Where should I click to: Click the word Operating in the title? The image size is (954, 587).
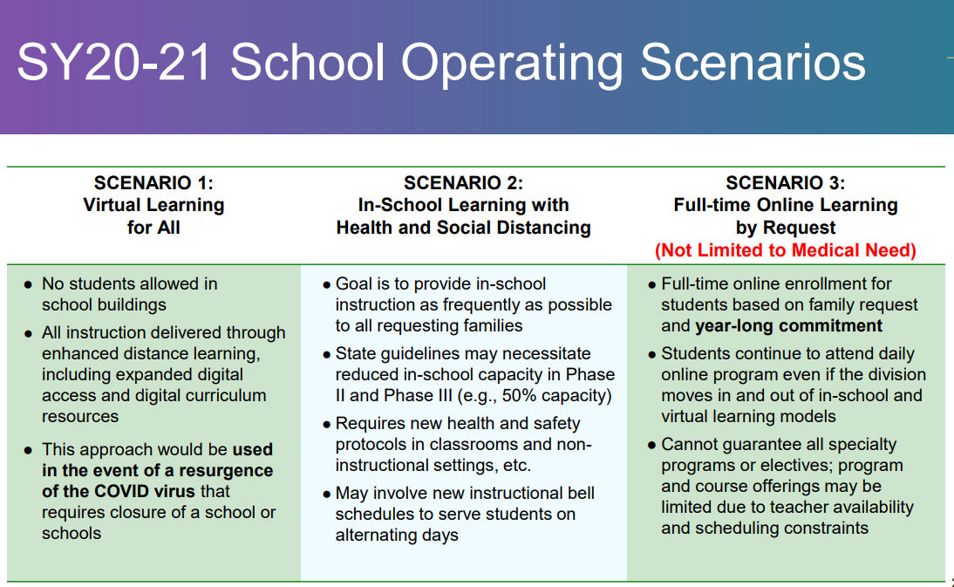click(512, 64)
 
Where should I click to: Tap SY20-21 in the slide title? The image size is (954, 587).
click(113, 62)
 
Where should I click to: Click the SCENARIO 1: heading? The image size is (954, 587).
click(153, 182)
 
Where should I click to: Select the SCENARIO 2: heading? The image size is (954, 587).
click(463, 182)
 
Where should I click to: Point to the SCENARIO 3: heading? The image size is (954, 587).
click(785, 182)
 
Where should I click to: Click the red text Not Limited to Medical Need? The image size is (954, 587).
click(785, 250)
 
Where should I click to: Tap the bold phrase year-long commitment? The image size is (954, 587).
click(788, 326)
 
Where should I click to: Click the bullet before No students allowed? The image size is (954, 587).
click(27, 284)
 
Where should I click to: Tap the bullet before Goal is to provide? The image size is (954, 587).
click(327, 284)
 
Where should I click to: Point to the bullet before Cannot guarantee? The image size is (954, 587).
click(651, 446)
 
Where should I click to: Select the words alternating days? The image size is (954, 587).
click(397, 536)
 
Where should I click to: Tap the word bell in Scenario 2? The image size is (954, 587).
click(581, 493)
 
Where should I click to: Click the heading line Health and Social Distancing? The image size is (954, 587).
click(463, 228)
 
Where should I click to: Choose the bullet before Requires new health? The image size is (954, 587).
click(327, 424)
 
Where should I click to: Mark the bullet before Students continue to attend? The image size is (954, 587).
click(651, 355)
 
